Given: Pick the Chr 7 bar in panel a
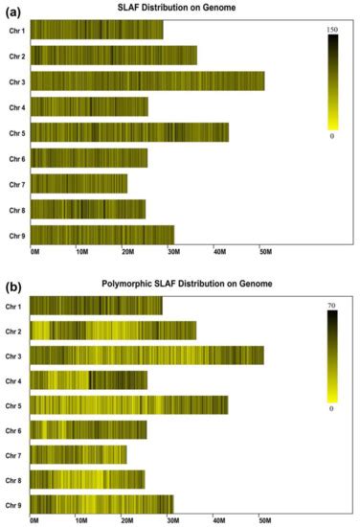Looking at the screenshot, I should (x=79, y=183).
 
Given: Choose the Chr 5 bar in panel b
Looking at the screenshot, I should (x=129, y=404).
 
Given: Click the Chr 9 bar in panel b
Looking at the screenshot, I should (x=101, y=504).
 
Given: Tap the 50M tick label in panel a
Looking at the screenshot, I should (x=265, y=252).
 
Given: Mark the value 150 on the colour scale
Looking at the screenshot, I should (x=332, y=31).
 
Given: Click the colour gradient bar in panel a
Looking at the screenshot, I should (x=332, y=82).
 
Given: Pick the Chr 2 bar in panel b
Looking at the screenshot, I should (x=113, y=331).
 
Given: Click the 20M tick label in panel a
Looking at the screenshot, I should (x=126, y=252).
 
